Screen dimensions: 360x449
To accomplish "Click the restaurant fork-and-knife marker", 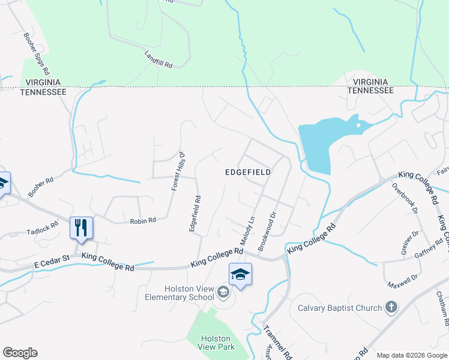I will pos(81,228).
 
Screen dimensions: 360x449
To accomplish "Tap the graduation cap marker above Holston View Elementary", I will pos(240,274).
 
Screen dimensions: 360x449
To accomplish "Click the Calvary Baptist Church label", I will pos(340,308).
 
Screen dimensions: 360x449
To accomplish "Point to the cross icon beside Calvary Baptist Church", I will pos(391,308).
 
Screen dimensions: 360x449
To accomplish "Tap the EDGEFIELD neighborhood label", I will pos(248,172).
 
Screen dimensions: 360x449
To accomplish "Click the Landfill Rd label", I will pos(158,59).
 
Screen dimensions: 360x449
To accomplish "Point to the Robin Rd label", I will pos(143,221).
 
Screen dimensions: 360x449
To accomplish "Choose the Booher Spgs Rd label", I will pos(36,53).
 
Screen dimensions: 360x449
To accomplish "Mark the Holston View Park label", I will pos(216,343).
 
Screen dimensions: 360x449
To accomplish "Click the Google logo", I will pos(20,353).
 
